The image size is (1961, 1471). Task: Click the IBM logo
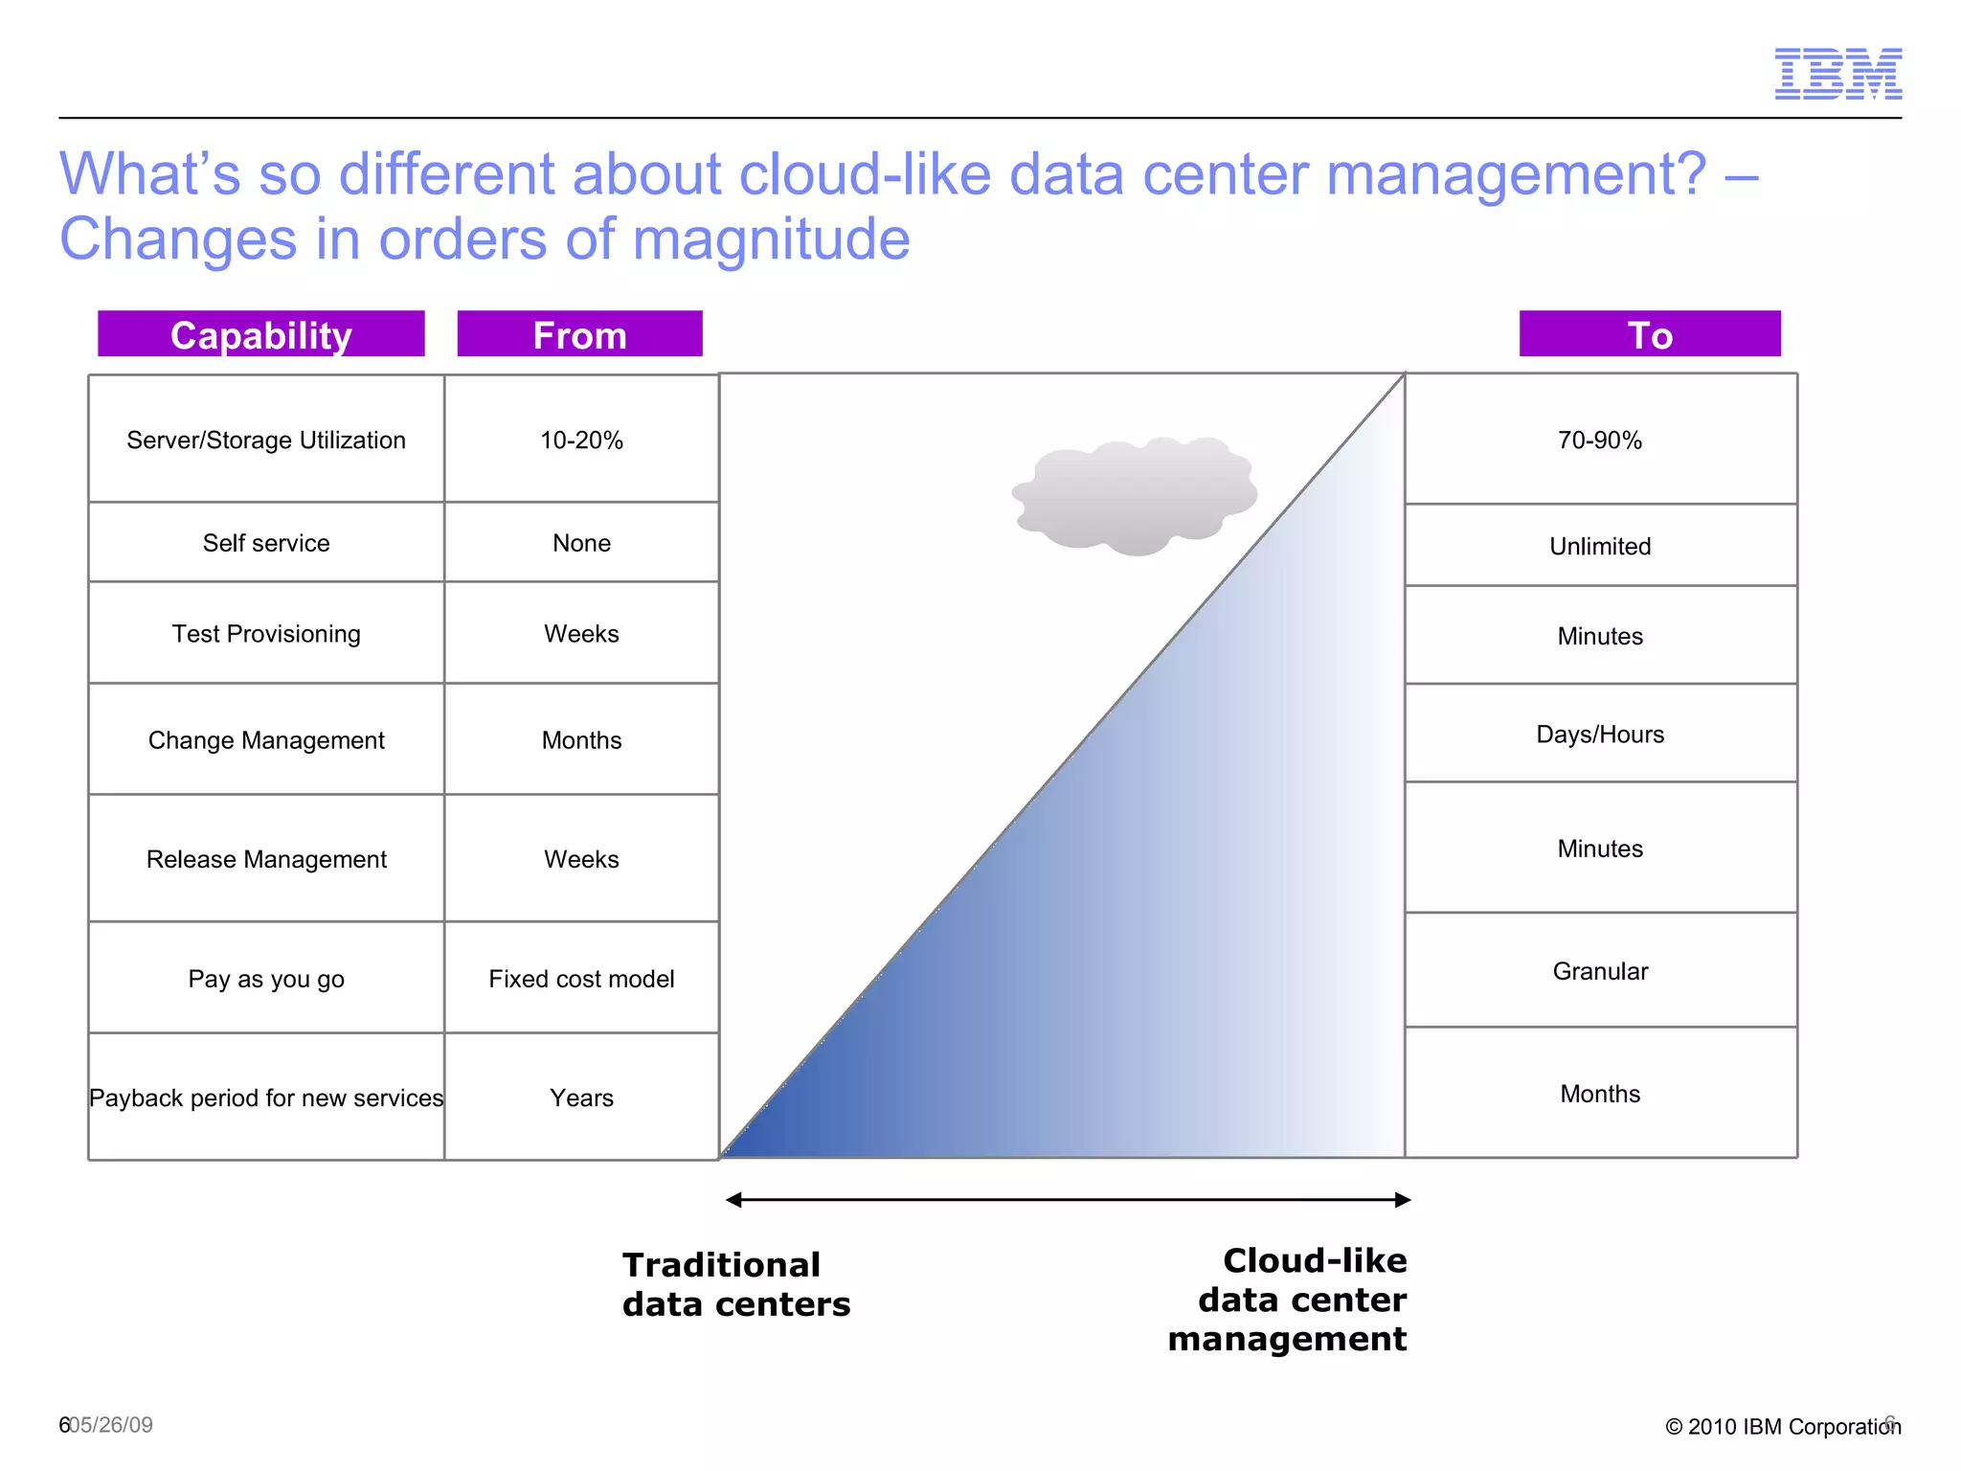pos(1837,74)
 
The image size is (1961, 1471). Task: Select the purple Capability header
pos(260,334)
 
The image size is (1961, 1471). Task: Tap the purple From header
pos(579,334)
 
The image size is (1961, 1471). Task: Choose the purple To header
pos(1649,334)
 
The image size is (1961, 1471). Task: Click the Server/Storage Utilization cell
pos(266,440)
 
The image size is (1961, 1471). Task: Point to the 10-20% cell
pos(581,440)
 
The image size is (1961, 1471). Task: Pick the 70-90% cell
pos(1599,440)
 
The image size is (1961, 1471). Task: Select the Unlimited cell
pos(1599,546)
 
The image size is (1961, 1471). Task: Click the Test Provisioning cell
pos(266,634)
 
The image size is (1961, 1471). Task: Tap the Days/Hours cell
pos(1599,735)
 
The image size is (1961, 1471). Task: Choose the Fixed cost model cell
pos(581,979)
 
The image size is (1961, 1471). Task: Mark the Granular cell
pos(1599,971)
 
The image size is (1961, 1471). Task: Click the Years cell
pos(581,1098)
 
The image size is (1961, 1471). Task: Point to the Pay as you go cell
pos(266,979)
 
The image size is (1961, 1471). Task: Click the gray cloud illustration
pos(1135,496)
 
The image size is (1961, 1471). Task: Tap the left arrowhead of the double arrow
pos(734,1200)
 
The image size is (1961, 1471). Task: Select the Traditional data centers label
pos(735,1284)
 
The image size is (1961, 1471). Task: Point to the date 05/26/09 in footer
pos(112,1425)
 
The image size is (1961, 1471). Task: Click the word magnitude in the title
pos(771,238)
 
